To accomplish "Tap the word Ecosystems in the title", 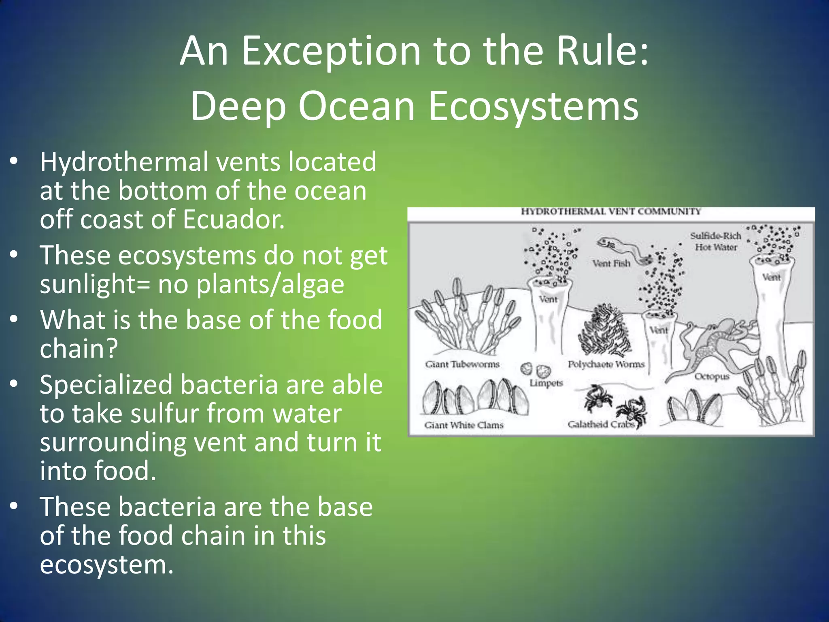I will point(534,106).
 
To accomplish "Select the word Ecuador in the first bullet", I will point(234,219).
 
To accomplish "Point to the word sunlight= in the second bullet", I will point(95,284).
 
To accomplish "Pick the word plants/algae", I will point(270,284).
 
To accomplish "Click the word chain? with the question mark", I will point(79,348).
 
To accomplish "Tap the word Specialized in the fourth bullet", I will point(106,385).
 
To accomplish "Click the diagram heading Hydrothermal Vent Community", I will point(610,211).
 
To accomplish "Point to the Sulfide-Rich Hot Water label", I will point(716,241).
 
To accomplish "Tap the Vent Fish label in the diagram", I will point(611,264).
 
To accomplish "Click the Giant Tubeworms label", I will point(462,364).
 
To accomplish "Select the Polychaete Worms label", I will point(606,364).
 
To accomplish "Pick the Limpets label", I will point(546,383).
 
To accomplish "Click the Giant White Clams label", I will point(463,425).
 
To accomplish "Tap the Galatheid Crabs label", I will point(601,424).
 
